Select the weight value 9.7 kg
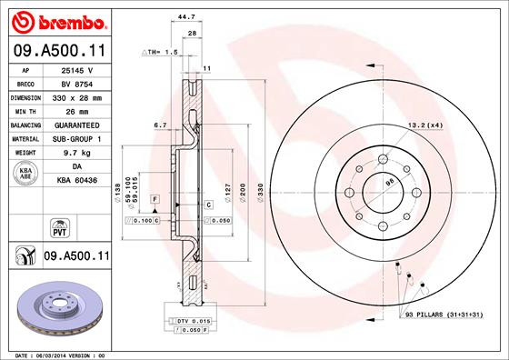(75, 154)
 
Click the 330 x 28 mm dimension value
(75, 96)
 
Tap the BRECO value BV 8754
(75, 82)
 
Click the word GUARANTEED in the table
(75, 125)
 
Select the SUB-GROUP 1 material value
(75, 139)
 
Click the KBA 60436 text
(75, 182)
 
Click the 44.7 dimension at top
(185, 16)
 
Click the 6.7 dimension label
(160, 124)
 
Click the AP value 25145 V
(75, 68)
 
